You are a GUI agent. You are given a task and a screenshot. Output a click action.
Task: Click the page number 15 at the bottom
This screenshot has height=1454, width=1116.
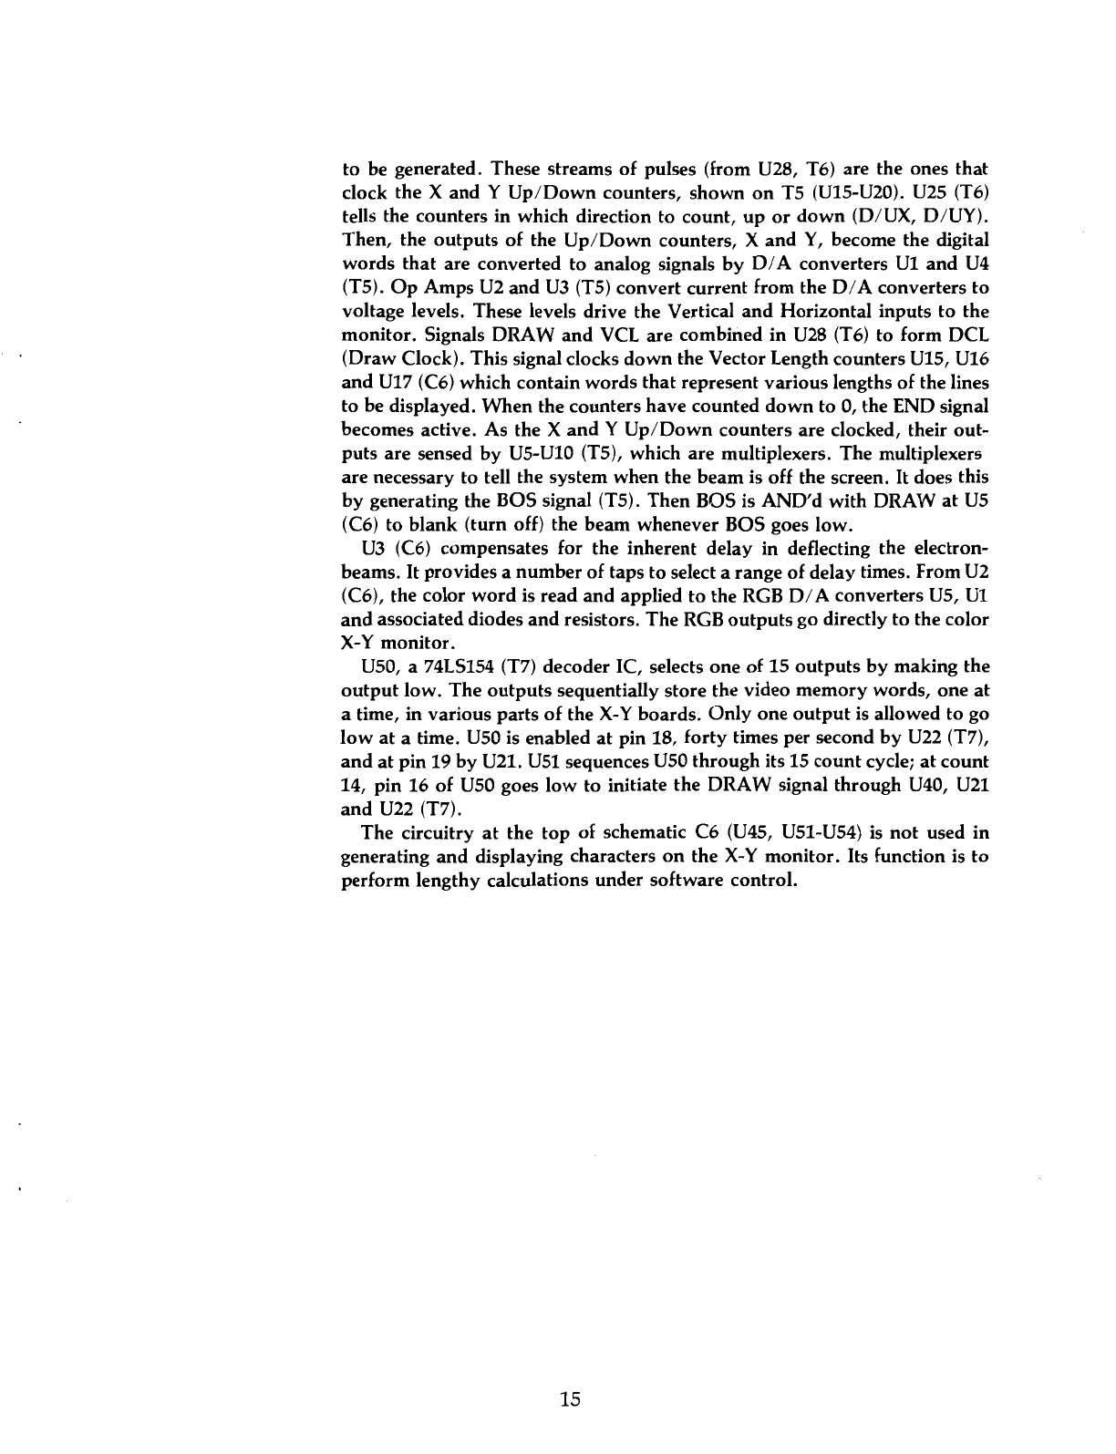pyautogui.click(x=571, y=1400)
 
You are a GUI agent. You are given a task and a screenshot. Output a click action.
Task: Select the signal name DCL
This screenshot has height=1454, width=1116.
pyautogui.click(x=969, y=335)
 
